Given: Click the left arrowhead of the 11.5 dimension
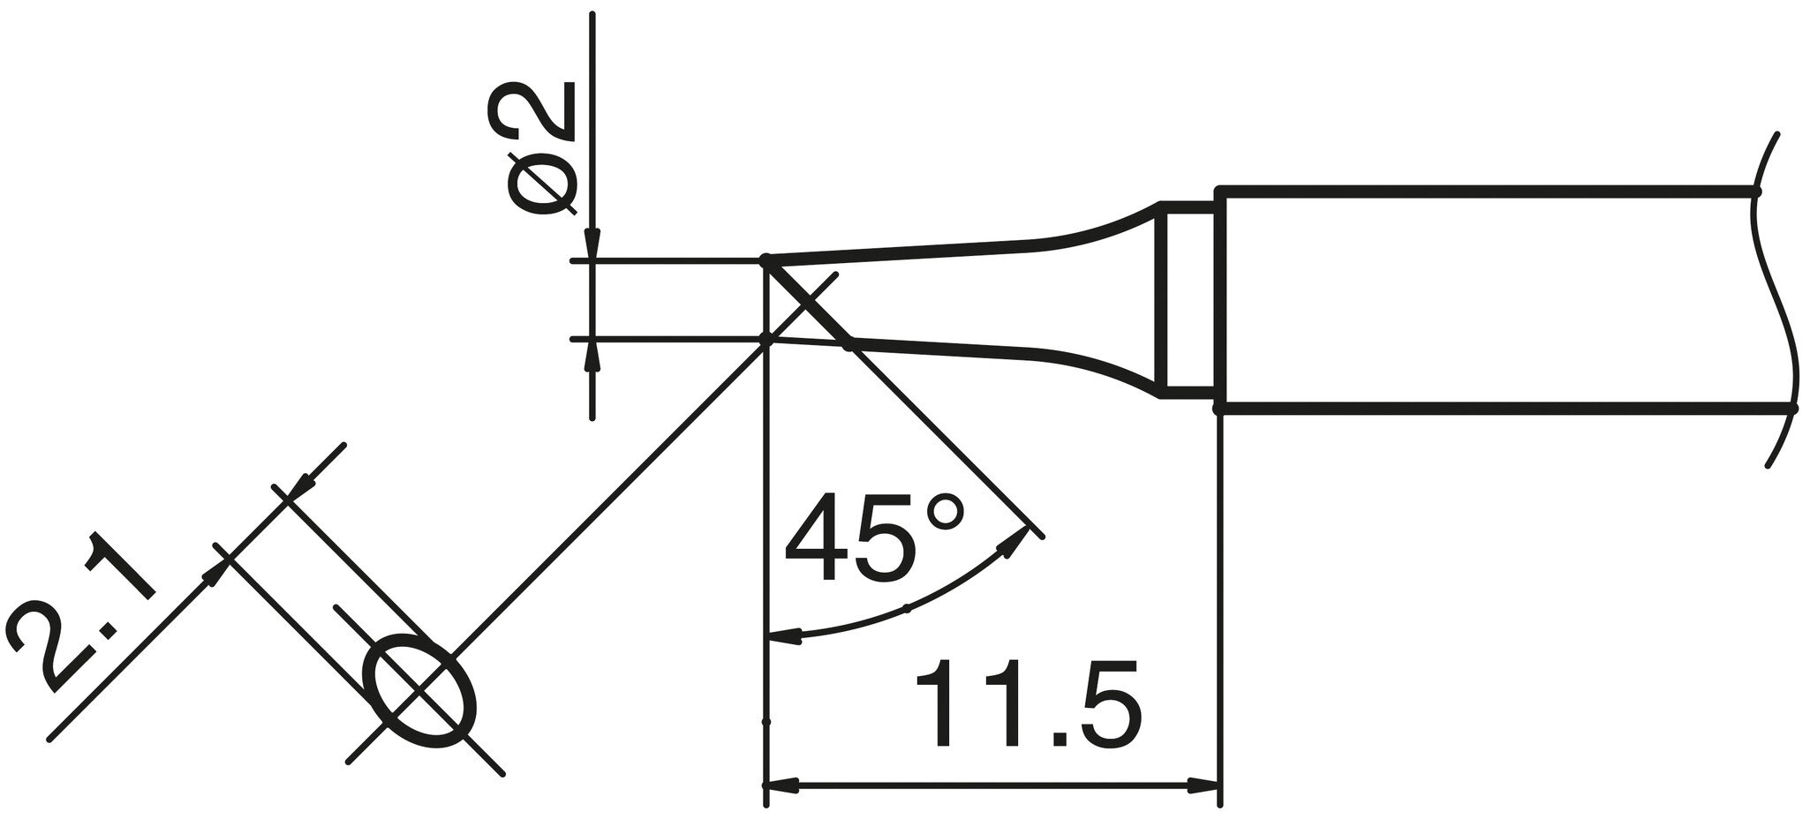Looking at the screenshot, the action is tap(782, 784).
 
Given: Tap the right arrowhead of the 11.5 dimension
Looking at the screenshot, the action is tap(1201, 784).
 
